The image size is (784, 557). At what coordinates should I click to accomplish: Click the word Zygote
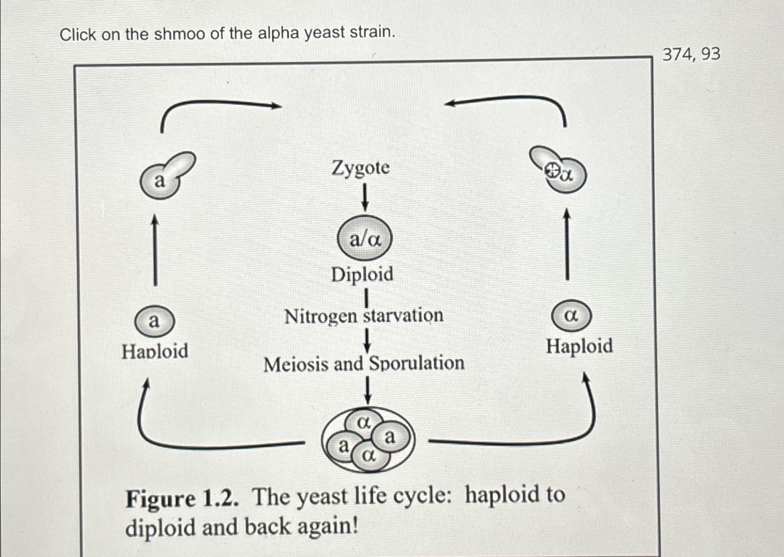[x=360, y=168]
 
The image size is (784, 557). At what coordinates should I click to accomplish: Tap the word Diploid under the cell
[x=362, y=275]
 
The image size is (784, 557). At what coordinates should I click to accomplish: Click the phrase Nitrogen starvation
[x=364, y=316]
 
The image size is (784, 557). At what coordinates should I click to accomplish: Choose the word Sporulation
[x=416, y=363]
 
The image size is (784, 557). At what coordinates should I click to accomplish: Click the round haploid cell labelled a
[x=154, y=322]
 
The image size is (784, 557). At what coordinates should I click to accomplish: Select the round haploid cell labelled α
[x=571, y=315]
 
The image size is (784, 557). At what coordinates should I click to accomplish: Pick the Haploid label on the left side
[x=155, y=351]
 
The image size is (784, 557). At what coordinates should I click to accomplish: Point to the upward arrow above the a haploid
[x=155, y=249]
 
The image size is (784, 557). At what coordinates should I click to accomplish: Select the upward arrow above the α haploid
[x=567, y=244]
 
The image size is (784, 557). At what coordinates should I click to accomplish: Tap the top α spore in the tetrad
[x=363, y=423]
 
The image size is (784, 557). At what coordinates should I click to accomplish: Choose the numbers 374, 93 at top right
[x=691, y=55]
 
